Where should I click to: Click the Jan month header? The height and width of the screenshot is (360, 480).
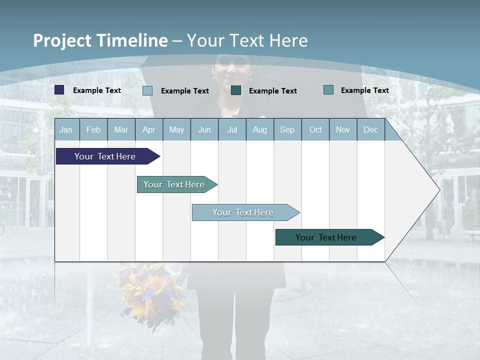point(66,129)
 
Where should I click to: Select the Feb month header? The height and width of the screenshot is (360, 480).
point(93,129)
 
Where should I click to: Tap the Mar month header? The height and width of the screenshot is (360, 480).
point(121,129)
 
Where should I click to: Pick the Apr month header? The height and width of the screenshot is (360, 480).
point(149,129)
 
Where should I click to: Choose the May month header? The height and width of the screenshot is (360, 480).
point(176,129)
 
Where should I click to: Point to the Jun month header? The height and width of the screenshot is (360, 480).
point(204,129)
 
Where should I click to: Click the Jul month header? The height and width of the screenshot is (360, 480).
point(232,129)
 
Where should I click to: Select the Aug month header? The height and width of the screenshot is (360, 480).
point(260,129)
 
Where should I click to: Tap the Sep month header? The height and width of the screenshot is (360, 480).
point(287,129)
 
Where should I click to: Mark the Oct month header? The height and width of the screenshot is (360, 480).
point(315,129)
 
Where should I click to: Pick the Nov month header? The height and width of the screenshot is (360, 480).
point(343,129)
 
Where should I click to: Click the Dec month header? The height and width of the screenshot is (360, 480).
point(371,129)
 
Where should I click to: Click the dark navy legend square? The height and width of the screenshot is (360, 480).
point(59,90)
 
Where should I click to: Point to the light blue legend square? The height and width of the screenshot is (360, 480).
point(147,90)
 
